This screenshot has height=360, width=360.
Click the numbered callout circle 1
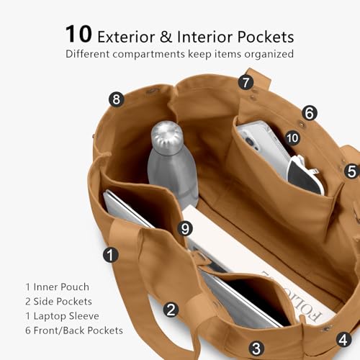click(x=111, y=255)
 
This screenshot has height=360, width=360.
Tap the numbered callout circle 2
click(x=171, y=310)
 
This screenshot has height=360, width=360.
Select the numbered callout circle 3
click(x=256, y=348)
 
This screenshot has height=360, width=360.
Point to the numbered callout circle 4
click(x=344, y=339)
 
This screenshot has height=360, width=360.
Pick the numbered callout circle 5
click(x=351, y=171)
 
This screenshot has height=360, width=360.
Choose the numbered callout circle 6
click(x=310, y=113)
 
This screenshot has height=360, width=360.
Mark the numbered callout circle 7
click(x=246, y=82)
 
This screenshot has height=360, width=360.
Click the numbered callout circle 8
click(x=117, y=99)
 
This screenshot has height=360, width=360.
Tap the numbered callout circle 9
click(x=185, y=228)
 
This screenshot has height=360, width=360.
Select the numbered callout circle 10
click(x=292, y=138)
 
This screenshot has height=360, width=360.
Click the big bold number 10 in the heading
click(x=78, y=34)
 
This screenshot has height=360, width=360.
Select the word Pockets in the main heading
click(x=266, y=37)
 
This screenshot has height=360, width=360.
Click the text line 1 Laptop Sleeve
click(x=62, y=316)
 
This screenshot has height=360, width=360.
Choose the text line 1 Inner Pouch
click(x=58, y=287)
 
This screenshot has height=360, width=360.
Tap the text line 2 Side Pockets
click(x=58, y=301)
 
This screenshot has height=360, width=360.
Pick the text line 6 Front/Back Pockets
click(x=74, y=330)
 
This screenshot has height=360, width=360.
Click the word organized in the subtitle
click(x=269, y=54)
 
